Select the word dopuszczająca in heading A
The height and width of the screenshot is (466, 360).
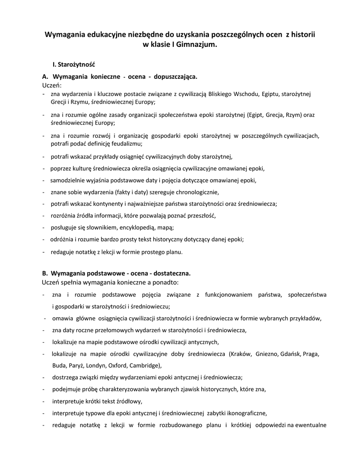175,76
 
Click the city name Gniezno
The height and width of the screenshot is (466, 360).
267,354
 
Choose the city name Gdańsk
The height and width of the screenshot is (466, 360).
292,354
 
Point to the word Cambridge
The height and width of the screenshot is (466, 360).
144,365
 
